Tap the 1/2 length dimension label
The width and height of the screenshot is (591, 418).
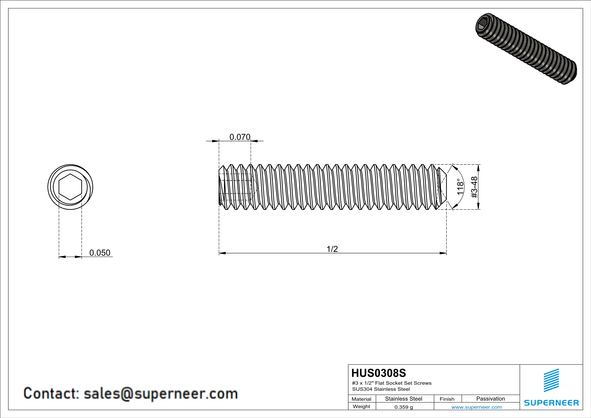pos(332,249)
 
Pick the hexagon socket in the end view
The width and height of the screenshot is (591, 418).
pos(70,187)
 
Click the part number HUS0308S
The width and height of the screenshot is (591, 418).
pos(379,373)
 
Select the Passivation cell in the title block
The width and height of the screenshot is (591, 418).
pos(491,399)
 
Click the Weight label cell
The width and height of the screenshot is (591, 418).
pos(361,406)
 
